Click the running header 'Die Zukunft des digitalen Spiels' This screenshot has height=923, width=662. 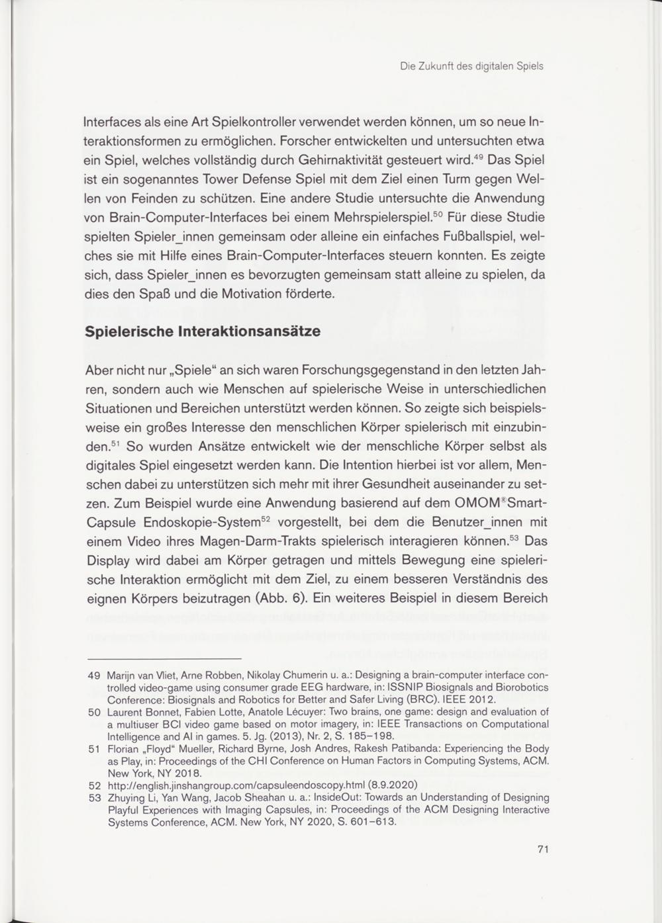pos(471,66)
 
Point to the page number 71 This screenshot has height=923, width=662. pos(543,850)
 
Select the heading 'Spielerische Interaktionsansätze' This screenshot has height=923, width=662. pos(203,331)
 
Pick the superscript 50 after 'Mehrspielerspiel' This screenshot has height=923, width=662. pos(437,214)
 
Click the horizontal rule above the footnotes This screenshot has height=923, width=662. pos(164,659)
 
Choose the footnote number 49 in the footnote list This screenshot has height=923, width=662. pos(93,676)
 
